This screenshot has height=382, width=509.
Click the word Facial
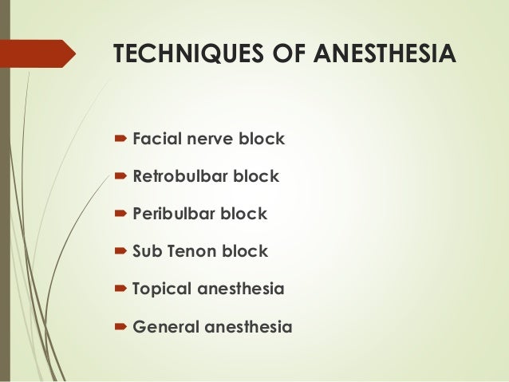coord(156,140)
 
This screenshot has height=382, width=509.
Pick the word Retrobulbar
coord(180,176)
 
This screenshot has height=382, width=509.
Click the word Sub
coord(147,251)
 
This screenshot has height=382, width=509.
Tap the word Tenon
coord(191,251)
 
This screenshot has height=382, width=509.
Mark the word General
coord(164,326)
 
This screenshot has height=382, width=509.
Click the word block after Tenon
coord(246,251)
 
